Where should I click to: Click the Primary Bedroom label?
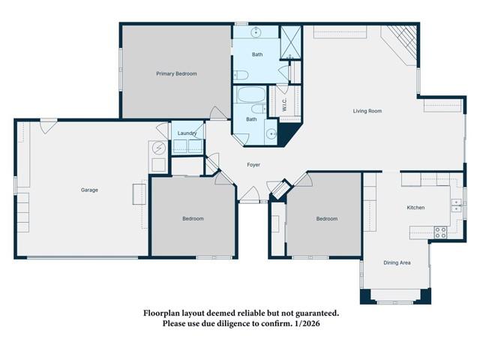coord(176,73)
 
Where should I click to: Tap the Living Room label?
coord(367,111)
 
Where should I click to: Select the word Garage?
coord(89,190)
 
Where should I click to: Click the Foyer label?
coord(253,164)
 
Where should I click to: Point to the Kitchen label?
coord(415,207)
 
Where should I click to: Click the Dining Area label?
coord(397,262)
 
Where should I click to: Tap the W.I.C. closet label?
coord(284,106)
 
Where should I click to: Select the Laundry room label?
coord(187,133)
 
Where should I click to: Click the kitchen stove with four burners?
coord(440,232)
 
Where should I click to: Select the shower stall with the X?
coord(290,43)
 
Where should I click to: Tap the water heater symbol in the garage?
coord(160,148)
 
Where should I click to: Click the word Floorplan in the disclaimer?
coord(163,313)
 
